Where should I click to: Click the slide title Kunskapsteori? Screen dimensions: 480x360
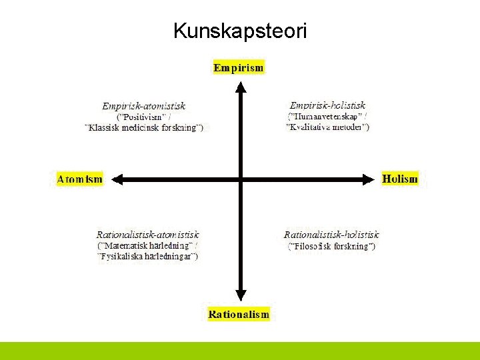[x=240, y=31]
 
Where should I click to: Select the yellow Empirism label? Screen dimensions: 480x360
[x=239, y=67]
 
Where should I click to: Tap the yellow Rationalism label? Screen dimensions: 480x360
[x=239, y=314]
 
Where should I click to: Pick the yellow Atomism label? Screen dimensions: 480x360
[x=80, y=179]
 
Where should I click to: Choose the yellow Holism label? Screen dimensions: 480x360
[x=400, y=179]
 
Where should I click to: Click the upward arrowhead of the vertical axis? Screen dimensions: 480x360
[x=241, y=86]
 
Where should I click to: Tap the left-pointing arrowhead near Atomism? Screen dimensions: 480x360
[x=116, y=179]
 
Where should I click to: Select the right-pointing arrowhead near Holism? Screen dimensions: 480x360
[x=367, y=179]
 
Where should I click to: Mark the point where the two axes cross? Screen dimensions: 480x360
[x=241, y=179]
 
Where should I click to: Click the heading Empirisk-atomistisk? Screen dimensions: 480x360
[x=144, y=106]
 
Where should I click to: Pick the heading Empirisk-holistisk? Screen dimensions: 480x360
[x=327, y=105]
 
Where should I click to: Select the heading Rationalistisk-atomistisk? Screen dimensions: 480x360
[x=148, y=235]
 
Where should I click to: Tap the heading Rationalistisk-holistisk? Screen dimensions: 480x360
[x=331, y=235]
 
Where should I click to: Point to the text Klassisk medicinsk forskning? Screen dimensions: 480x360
[x=145, y=127]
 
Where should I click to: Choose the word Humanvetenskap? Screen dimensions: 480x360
[x=324, y=116]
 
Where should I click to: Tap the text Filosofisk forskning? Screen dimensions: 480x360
[x=331, y=246]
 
